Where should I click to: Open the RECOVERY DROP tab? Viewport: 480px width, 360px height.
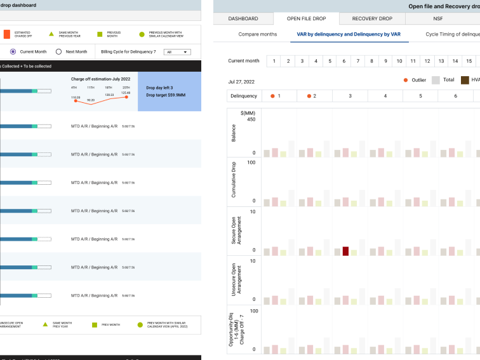(372, 18)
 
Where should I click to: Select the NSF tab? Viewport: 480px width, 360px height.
(437, 18)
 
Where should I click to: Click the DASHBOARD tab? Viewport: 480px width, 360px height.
(243, 18)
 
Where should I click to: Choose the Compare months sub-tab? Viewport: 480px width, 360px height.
(258, 34)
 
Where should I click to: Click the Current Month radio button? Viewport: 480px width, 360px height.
(13, 52)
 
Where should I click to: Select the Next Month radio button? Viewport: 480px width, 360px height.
(59, 52)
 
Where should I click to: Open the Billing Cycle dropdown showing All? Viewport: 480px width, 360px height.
(177, 52)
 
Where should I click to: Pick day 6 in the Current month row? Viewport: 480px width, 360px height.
(343, 61)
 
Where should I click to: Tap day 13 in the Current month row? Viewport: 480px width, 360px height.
(440, 61)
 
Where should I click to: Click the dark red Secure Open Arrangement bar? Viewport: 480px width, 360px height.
(346, 251)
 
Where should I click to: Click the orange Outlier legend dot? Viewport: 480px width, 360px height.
(406, 81)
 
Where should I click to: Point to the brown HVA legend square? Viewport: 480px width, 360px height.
(465, 81)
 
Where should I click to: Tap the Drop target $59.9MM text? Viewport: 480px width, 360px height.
(166, 95)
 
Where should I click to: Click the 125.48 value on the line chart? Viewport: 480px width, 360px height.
(126, 93)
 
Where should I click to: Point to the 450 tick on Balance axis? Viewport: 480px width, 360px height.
(251, 119)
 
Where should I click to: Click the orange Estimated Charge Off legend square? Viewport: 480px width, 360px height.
(6, 34)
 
